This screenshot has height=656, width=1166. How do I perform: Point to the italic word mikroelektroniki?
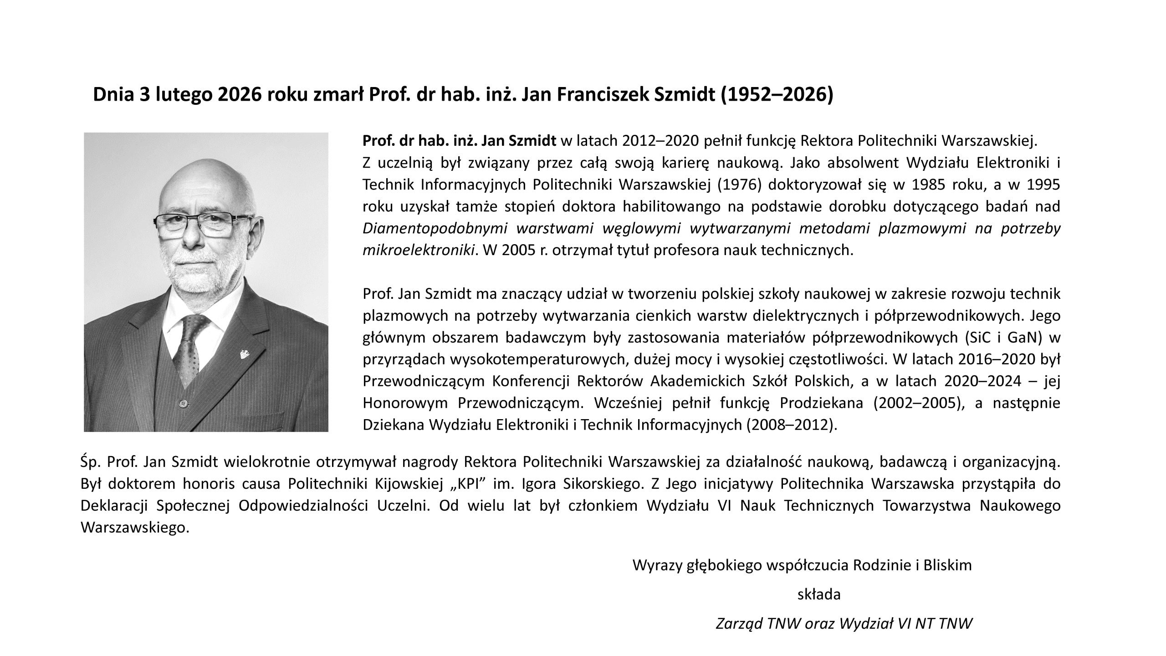pyautogui.click(x=419, y=250)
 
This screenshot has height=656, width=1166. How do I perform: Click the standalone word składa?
pyautogui.click(x=819, y=594)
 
